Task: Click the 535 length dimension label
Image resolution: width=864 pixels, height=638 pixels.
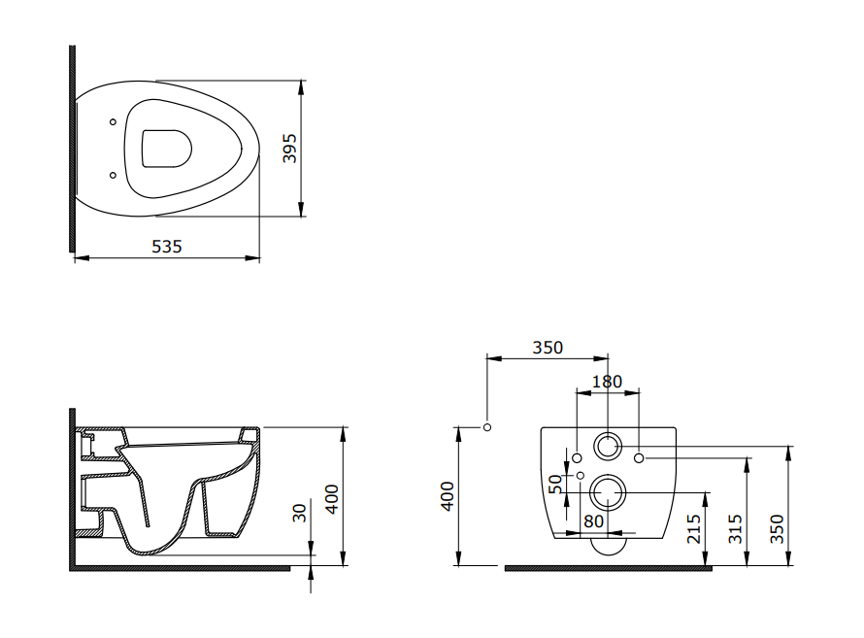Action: pos(166,247)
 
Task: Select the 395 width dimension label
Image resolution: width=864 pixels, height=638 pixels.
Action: pos(290,148)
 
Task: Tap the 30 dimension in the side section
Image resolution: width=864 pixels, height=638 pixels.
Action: pos(299,513)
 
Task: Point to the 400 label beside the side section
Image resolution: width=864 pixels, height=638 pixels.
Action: pos(332,498)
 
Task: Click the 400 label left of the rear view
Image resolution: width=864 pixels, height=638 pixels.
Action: pos(448,496)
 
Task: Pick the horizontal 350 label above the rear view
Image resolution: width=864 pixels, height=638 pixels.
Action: pos(548,348)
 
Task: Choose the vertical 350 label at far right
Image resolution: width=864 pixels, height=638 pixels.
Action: pos(777,528)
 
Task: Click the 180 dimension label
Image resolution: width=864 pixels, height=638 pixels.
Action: pos(607,382)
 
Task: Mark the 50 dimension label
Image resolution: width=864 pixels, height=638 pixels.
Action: pos(556,484)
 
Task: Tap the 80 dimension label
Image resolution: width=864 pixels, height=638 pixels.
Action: pos(593,520)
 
